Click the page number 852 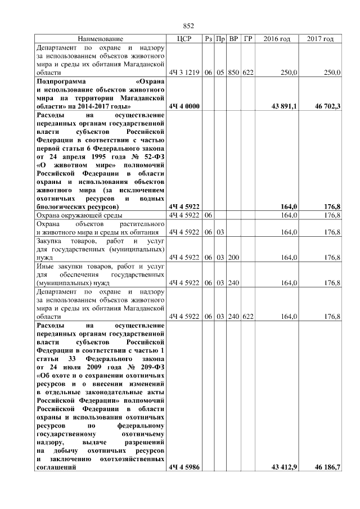point(189,26)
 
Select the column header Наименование point(100,39)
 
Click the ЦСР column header point(184,39)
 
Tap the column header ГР point(248,39)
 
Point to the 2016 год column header point(277,39)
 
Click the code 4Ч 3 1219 point(184,73)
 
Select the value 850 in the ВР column point(234,73)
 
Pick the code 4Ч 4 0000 point(184,106)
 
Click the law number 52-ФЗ point(151,157)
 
